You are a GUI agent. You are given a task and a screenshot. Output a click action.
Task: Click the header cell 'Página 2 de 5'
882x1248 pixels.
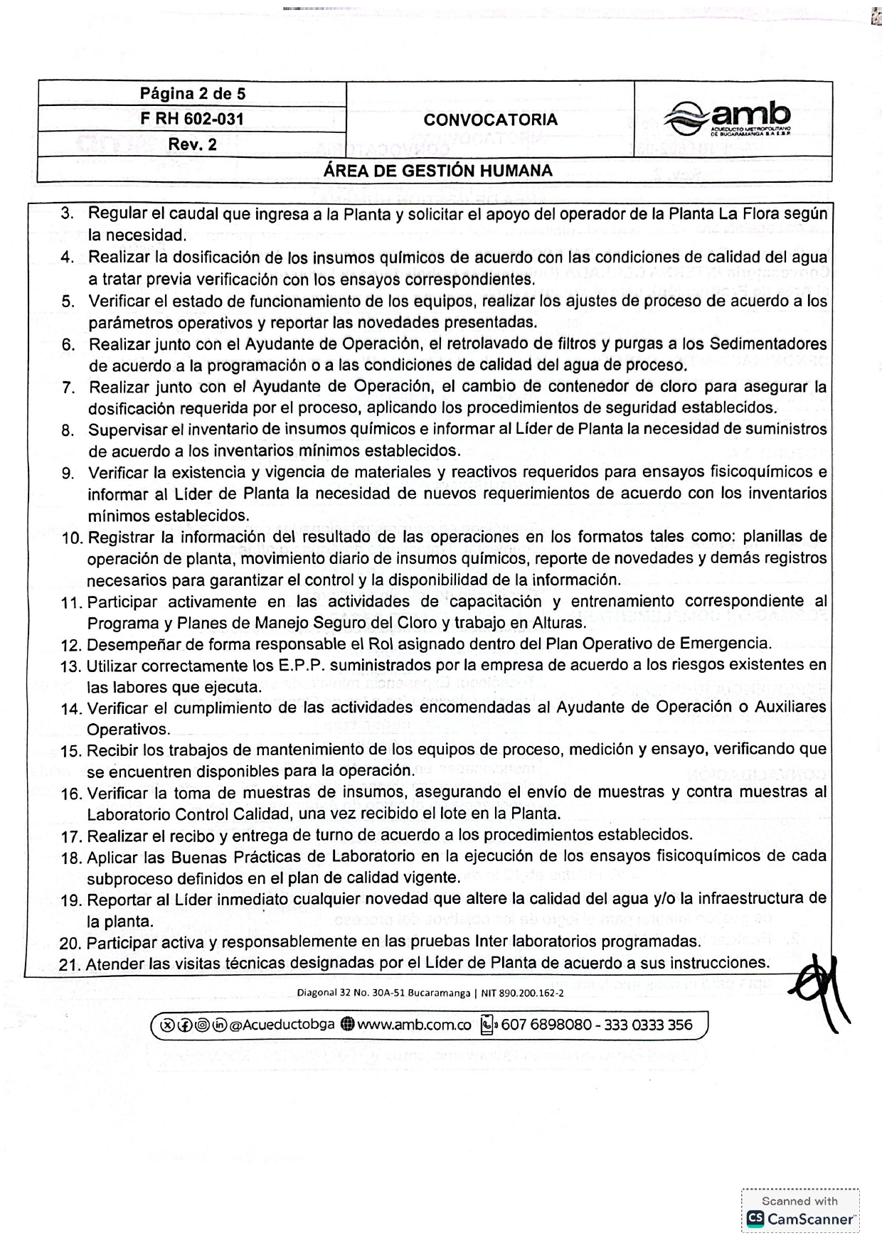pos(192,94)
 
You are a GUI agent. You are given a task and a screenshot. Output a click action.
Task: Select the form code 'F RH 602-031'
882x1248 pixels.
pos(192,119)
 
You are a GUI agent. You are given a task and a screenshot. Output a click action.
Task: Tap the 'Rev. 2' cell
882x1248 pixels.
pos(192,144)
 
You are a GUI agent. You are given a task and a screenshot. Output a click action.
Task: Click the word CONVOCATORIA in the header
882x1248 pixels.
pos(490,119)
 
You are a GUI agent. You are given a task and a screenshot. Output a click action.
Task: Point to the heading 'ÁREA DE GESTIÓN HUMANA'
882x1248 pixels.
pos(437,171)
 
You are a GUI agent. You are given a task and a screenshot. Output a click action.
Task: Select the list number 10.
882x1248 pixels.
pos(73,538)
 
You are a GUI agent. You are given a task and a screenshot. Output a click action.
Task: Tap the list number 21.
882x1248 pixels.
pos(71,964)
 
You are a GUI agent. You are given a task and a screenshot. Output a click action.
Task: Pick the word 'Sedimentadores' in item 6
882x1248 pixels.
pos(768,344)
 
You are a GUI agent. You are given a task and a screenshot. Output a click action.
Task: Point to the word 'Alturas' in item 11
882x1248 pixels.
pos(560,623)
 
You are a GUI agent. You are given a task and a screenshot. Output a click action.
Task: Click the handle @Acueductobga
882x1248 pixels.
pos(282,1025)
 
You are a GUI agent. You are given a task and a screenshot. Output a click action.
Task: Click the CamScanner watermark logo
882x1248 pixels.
pos(799,1218)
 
